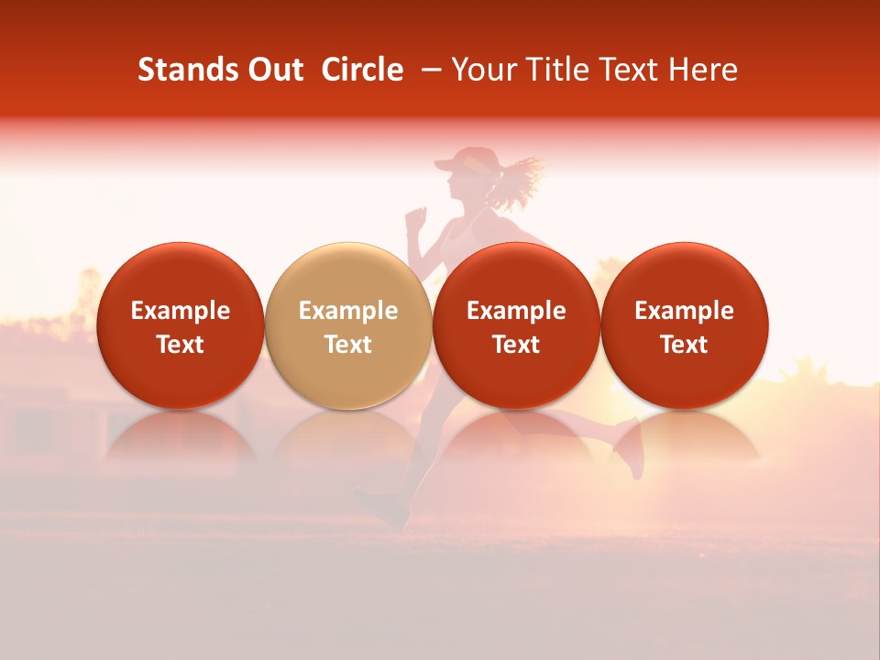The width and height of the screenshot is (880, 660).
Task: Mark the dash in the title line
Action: click(427, 70)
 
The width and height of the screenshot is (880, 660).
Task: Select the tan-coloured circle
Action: click(348, 325)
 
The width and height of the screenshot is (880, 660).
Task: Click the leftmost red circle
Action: click(181, 325)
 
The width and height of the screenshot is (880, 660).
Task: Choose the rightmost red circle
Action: click(685, 325)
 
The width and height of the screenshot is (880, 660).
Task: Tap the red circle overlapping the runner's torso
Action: click(516, 325)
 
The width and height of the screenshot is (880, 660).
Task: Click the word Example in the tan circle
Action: click(348, 311)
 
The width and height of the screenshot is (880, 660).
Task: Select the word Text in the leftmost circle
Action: click(181, 345)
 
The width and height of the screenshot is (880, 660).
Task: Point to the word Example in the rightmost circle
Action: click(685, 311)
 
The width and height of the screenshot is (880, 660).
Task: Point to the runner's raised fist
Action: click(416, 216)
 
